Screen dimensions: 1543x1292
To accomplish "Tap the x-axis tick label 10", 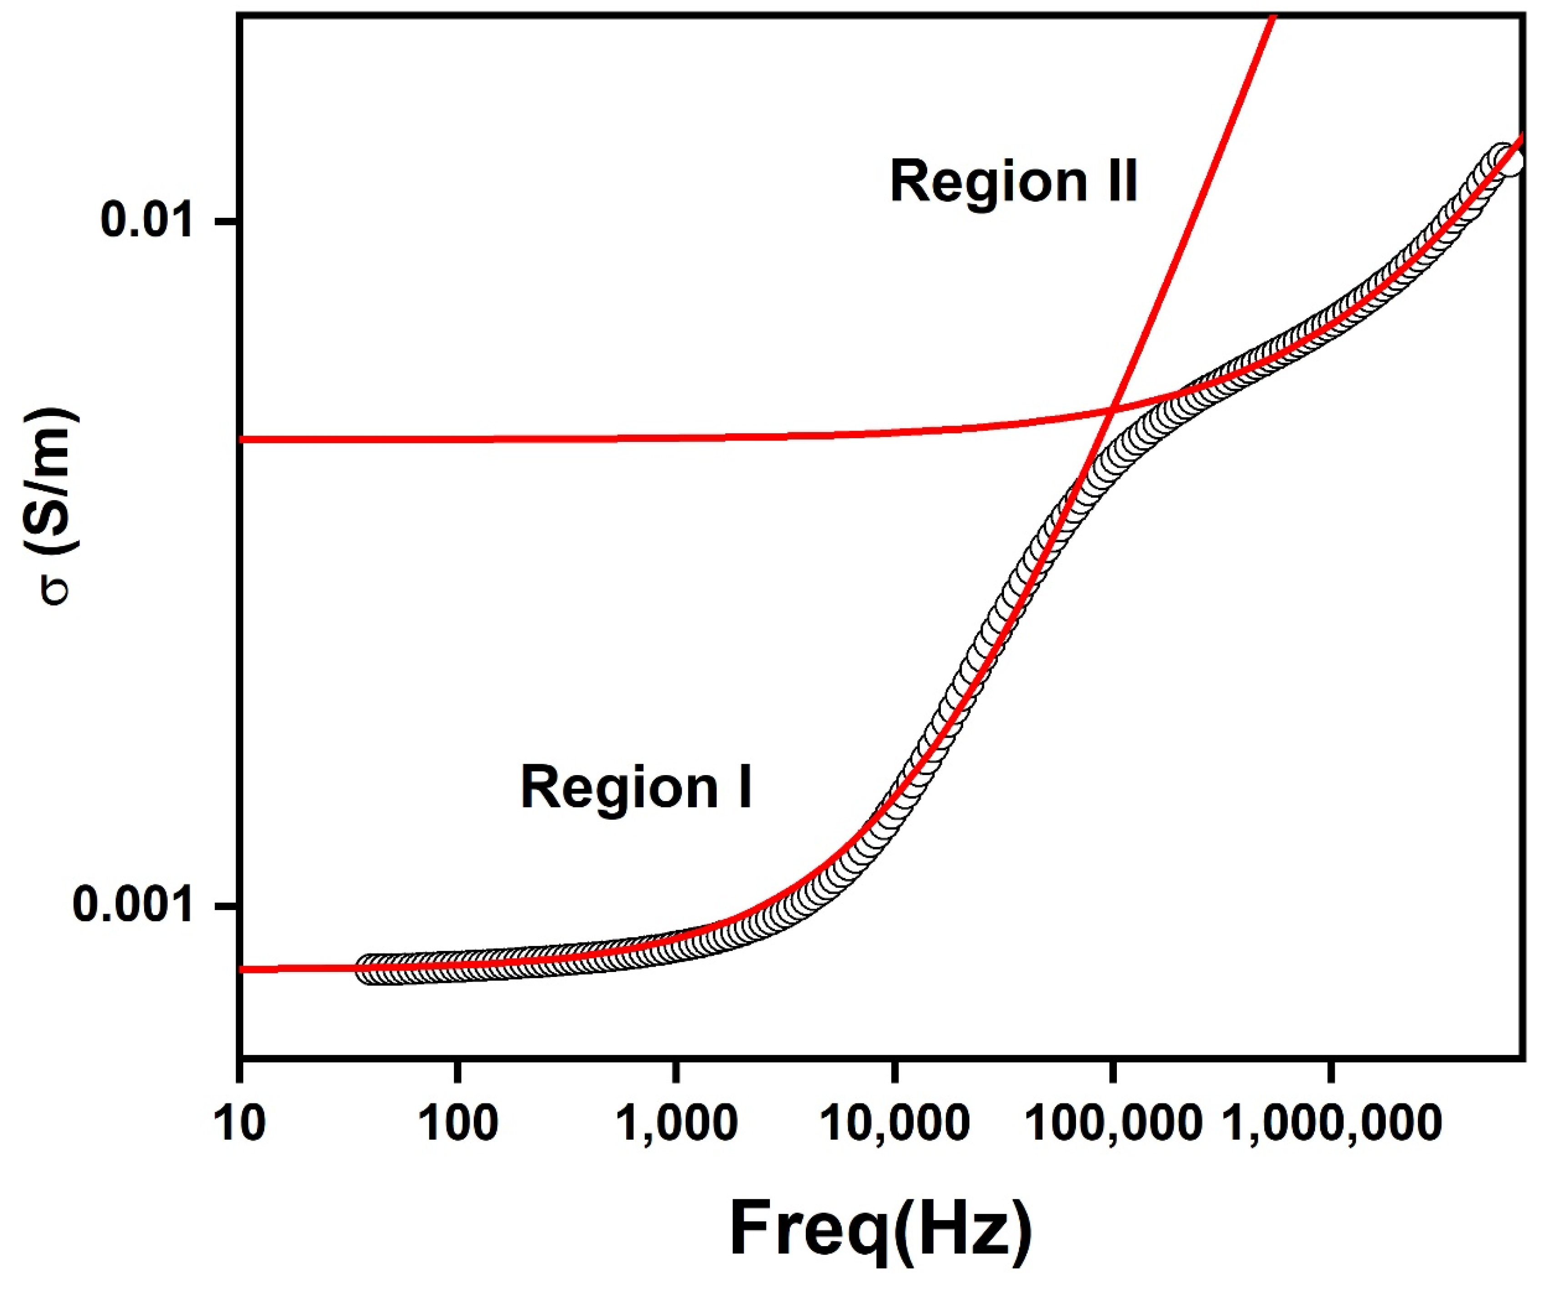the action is [x=240, y=1124].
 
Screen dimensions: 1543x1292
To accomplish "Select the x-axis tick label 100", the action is [x=458, y=1124].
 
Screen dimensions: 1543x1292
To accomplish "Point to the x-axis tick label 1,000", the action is [x=675, y=1124].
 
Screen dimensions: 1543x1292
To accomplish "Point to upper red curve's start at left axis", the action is [x=242, y=439].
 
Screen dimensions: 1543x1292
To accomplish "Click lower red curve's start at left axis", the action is [x=242, y=970].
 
